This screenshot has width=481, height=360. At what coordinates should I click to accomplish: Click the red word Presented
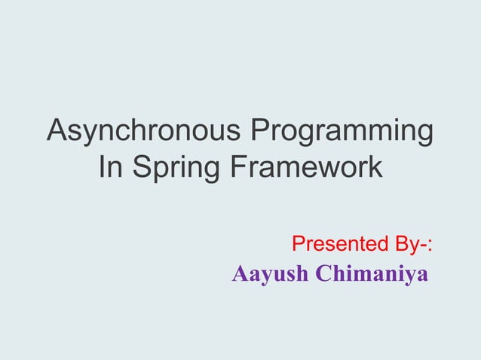click(x=335, y=245)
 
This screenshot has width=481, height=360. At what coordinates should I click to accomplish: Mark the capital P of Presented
click(x=298, y=245)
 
